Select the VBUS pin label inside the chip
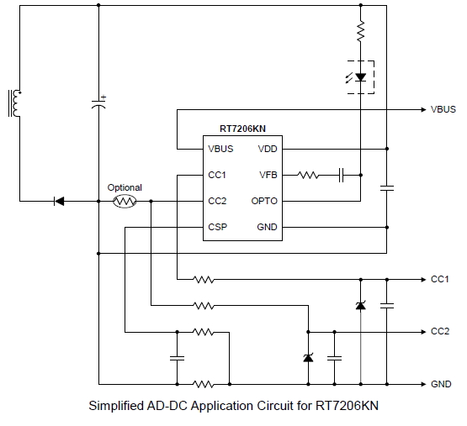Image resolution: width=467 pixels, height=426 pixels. point(221,149)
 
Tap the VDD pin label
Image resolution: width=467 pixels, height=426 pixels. point(268,149)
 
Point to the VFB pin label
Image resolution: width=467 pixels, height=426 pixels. point(268,175)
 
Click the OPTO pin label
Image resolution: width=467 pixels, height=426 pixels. point(264,202)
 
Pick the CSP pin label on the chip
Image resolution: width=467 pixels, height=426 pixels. point(218,228)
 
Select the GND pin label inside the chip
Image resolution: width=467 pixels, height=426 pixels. point(267,228)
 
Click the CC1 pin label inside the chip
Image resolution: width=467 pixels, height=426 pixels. point(218,175)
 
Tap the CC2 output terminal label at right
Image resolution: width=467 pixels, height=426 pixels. point(440,332)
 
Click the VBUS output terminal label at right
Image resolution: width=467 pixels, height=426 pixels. point(443,110)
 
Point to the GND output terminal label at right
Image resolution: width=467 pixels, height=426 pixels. point(441,385)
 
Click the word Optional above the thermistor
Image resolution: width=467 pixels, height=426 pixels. point(125,187)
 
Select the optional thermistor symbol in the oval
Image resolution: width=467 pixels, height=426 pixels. point(125,202)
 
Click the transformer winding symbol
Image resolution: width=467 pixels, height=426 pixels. point(14,103)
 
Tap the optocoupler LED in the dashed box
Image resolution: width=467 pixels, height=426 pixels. point(361,77)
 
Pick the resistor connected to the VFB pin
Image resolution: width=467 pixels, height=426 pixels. point(309,175)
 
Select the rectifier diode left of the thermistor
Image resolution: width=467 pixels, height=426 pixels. point(59,202)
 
